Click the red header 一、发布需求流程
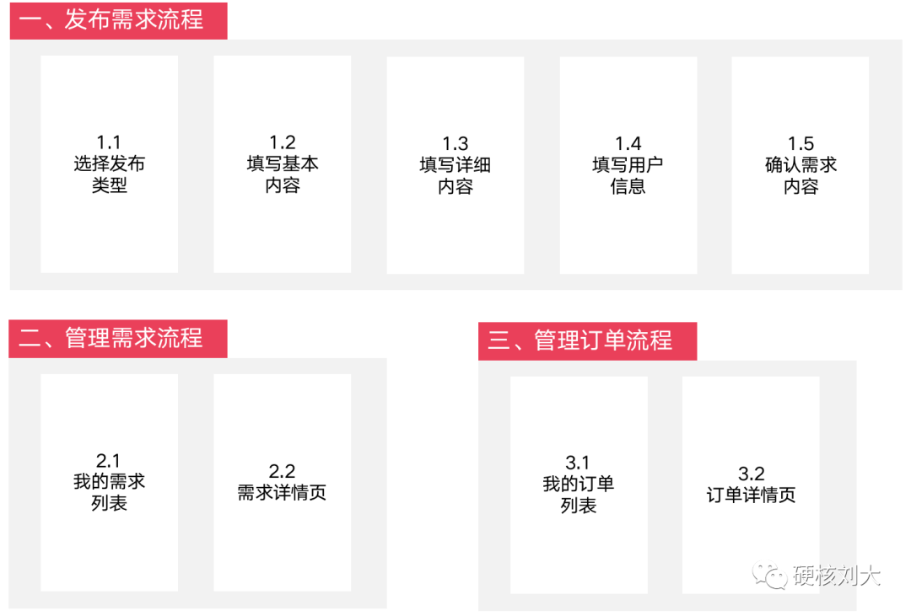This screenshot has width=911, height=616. pyautogui.click(x=118, y=20)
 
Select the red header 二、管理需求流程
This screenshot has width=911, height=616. pyautogui.click(x=118, y=339)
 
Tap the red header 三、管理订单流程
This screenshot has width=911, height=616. pyautogui.click(x=587, y=340)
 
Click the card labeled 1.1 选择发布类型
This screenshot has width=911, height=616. pyautogui.click(x=110, y=164)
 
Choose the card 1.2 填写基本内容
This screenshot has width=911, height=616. pyautogui.click(x=283, y=164)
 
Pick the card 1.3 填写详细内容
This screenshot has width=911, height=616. pyautogui.click(x=455, y=165)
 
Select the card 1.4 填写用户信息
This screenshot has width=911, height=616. pyautogui.click(x=628, y=165)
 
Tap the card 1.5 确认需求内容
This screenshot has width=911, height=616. pyautogui.click(x=800, y=165)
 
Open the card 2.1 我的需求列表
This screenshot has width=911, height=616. pyautogui.click(x=110, y=483)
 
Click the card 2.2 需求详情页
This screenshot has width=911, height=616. pyautogui.click(x=283, y=483)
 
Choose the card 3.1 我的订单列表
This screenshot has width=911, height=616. pyautogui.click(x=579, y=485)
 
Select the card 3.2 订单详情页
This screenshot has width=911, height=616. pyautogui.click(x=751, y=485)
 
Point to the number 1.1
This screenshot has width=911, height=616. pyautogui.click(x=110, y=142)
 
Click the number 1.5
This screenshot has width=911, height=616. pyautogui.click(x=800, y=143)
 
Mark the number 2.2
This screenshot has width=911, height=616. pyautogui.click(x=283, y=472)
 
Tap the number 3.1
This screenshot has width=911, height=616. pyautogui.click(x=579, y=463)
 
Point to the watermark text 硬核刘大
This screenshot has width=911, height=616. pyautogui.click(x=838, y=576)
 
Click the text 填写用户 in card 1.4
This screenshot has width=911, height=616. pyautogui.click(x=628, y=165)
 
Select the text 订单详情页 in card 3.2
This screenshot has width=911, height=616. pyautogui.click(x=751, y=495)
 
